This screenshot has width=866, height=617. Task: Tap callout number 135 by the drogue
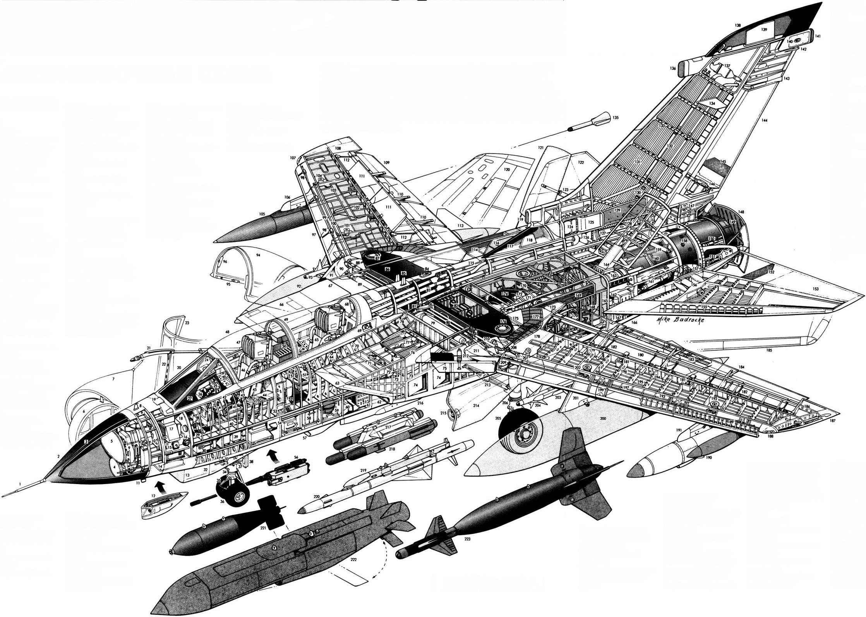point(616,118)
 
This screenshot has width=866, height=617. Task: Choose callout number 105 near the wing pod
point(262,214)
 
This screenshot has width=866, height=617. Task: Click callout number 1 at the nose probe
point(19,484)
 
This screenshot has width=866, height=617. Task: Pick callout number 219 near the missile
point(363,471)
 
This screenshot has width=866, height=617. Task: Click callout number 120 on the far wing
point(507,170)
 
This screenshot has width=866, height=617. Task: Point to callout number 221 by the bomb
point(263,528)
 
